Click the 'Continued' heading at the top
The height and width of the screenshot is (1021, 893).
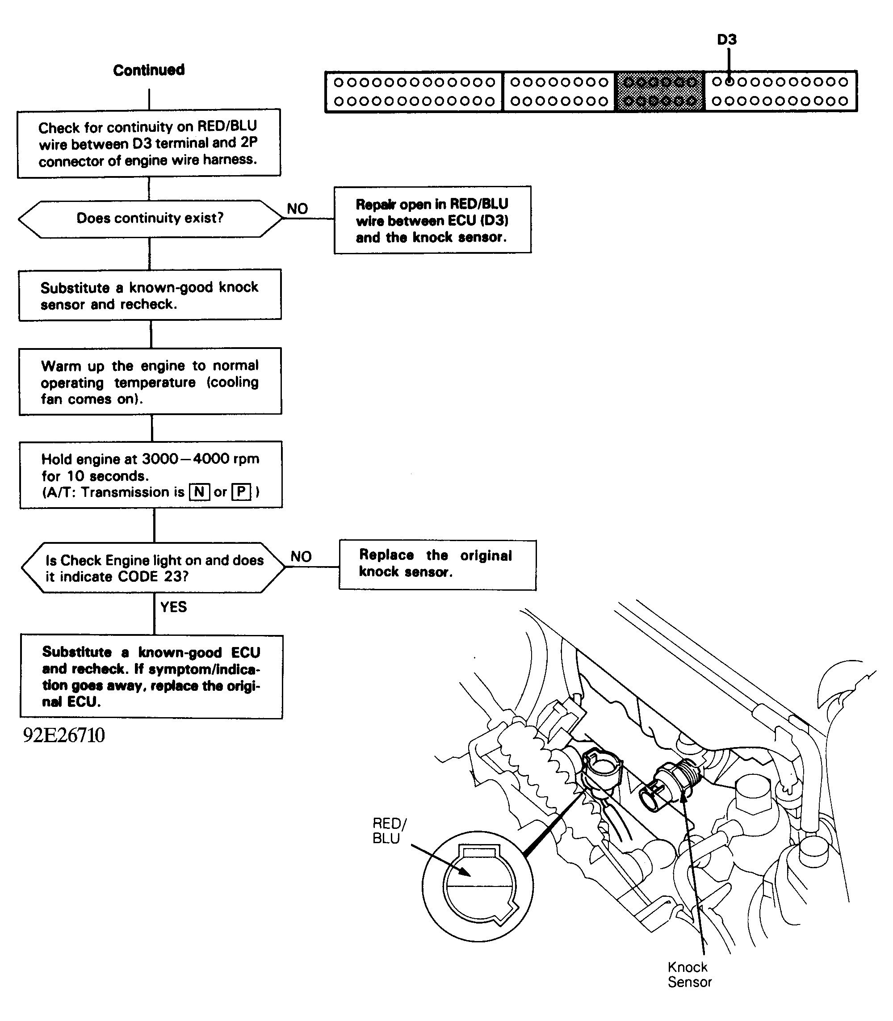148,70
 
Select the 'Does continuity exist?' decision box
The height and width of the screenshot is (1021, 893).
150,218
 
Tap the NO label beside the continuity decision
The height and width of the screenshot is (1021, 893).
298,209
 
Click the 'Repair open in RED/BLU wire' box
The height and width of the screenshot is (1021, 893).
432,220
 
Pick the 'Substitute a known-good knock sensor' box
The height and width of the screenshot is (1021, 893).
150,295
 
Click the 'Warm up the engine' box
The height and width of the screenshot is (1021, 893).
150,382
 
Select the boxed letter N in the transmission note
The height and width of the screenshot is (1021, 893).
199,492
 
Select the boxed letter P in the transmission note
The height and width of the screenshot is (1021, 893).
241,492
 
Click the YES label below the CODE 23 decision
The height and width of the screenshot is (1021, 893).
173,607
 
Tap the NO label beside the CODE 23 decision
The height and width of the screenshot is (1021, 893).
301,556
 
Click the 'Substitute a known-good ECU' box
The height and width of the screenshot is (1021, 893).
151,676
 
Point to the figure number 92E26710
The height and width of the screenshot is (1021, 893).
64,735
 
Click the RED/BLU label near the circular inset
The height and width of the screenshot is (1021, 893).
389,831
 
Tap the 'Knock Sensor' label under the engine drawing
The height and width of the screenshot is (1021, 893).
689,974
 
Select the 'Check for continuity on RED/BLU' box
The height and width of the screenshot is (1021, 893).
148,143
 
